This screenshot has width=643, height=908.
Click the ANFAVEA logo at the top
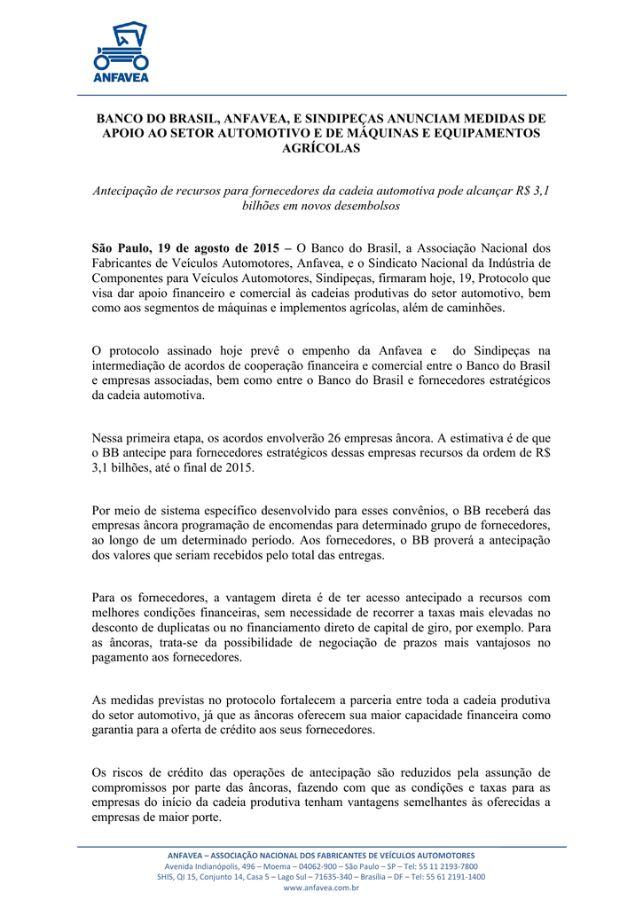coord(121,51)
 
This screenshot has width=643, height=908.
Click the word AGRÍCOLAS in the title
coord(320,149)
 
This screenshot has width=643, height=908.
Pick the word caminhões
coord(474,308)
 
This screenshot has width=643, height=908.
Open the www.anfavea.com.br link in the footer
coord(320,887)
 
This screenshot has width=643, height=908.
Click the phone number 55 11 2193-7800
coord(438,865)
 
